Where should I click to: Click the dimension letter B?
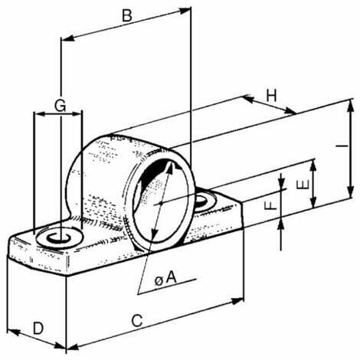(127, 15)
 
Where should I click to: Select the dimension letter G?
(61, 106)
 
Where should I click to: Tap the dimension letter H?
(272, 96)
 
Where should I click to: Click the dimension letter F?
(273, 205)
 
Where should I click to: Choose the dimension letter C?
(137, 321)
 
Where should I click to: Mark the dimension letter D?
(38, 328)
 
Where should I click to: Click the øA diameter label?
(165, 278)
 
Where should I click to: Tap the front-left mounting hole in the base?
(59, 237)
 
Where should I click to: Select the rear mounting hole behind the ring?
(205, 199)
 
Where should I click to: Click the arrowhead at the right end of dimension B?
(185, 11)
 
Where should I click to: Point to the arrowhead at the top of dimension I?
(351, 105)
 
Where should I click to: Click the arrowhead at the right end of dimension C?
(237, 301)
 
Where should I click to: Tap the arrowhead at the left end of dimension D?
(13, 332)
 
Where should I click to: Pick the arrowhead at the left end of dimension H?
(248, 99)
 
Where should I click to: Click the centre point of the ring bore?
(160, 203)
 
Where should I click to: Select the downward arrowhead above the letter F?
(281, 181)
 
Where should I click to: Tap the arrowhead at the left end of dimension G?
(40, 114)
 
